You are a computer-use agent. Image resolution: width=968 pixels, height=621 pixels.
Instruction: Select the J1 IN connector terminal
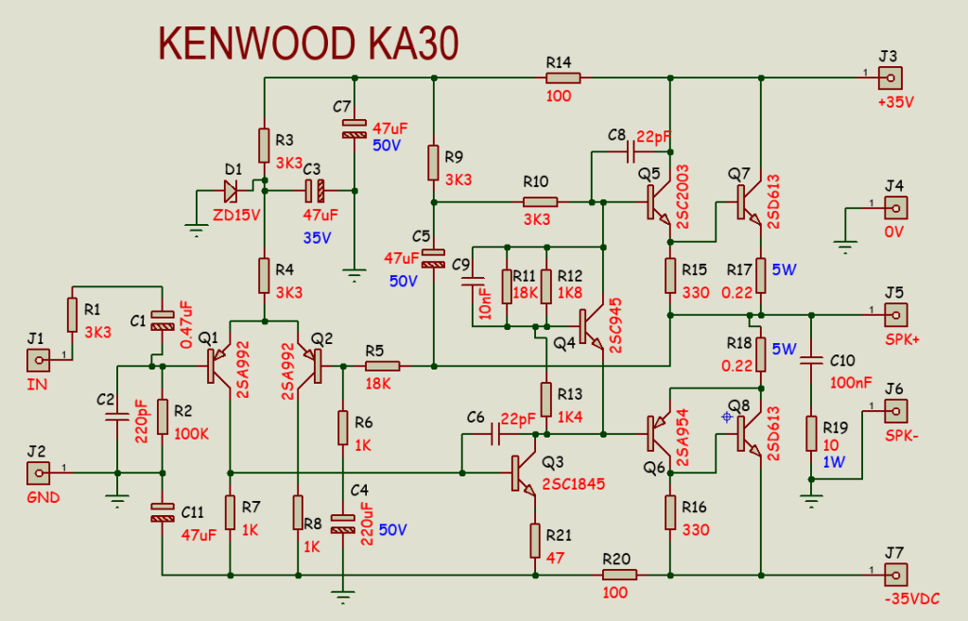(38, 359)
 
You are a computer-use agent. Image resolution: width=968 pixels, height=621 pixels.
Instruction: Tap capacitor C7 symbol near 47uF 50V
(354, 128)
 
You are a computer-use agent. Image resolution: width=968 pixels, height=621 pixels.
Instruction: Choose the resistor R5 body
(382, 366)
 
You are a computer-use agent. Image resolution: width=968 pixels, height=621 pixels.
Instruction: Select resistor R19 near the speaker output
(810, 434)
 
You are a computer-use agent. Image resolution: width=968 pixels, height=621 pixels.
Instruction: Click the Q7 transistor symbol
(748, 200)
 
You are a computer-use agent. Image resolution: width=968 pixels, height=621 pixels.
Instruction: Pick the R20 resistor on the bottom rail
(619, 574)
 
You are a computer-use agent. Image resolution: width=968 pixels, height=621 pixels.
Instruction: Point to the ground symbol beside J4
(844, 248)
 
